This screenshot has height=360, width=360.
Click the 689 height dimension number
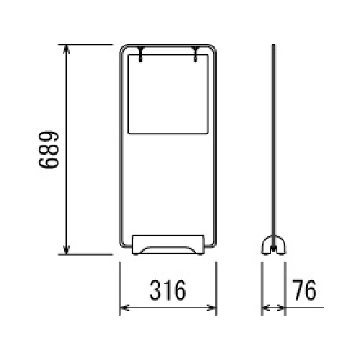48,150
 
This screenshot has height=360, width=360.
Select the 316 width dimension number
168,290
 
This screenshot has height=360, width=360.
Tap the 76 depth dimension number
305,290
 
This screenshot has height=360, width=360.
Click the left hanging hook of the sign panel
140,54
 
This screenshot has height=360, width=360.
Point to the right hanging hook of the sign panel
196,54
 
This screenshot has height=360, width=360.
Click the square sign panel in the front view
168,94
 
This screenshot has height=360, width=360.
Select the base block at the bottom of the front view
168,244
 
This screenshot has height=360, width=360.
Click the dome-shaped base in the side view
274,245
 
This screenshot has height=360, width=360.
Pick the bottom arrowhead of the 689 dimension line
66,250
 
